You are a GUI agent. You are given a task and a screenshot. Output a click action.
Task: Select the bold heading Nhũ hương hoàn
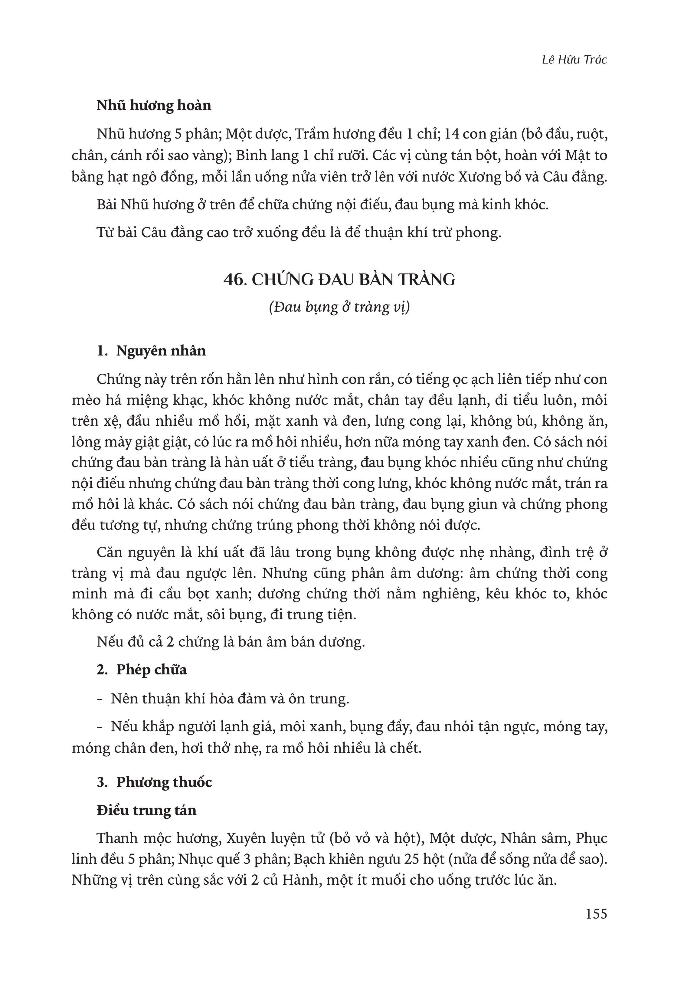coord(154,106)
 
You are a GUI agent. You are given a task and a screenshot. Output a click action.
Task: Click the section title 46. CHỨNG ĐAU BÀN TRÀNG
coord(339,280)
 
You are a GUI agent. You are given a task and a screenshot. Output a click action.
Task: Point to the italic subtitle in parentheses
coord(339,307)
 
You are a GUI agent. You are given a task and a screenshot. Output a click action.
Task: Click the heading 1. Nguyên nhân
coord(151,351)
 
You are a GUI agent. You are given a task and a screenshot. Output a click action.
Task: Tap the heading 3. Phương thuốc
coord(154,782)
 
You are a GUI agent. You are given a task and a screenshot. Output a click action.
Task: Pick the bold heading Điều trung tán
coord(146,811)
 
